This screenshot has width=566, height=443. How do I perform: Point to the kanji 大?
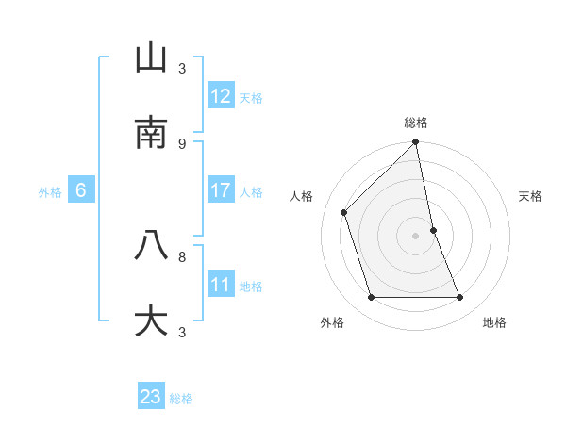(151, 320)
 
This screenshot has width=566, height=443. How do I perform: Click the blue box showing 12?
(221, 96)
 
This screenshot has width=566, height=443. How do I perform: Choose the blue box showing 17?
(221, 190)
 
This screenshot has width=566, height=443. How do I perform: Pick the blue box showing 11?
(221, 285)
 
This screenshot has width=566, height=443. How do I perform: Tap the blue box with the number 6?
(81, 190)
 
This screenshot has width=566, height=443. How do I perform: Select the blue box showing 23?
(151, 397)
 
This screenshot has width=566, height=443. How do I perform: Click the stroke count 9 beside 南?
(182, 143)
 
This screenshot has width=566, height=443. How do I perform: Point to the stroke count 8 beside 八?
(182, 255)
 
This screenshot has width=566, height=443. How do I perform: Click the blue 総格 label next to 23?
(181, 399)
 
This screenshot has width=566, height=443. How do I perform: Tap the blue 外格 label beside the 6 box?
(50, 192)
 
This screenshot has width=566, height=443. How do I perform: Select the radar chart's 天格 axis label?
(531, 196)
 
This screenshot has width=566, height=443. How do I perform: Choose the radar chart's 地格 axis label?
(494, 322)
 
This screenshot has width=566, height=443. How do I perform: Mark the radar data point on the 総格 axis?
(416, 143)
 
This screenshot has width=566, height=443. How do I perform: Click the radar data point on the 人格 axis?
(344, 212)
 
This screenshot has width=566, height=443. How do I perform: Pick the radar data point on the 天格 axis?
(433, 230)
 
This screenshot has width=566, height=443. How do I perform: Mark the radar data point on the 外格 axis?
(372, 298)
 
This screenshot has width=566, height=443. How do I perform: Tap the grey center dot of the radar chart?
(416, 236)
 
